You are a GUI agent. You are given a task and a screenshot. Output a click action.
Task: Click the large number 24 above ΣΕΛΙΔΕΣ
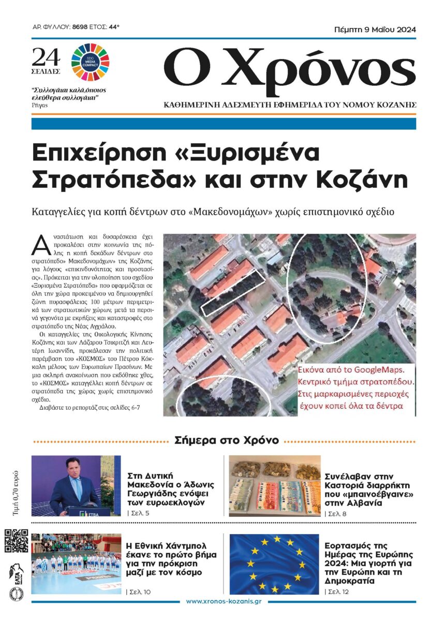click(x=46, y=56)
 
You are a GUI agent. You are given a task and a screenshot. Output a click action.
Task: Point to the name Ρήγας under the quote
click(x=40, y=104)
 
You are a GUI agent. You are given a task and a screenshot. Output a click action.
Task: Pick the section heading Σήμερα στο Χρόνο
click(x=227, y=440)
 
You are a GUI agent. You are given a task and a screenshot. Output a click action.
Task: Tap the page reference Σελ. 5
click(x=139, y=513)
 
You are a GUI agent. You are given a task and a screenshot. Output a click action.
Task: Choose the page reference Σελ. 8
click(x=336, y=513)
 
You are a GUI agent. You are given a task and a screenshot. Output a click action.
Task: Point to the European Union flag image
click(x=274, y=564)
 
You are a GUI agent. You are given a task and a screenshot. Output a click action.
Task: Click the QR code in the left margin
click(x=17, y=541)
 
